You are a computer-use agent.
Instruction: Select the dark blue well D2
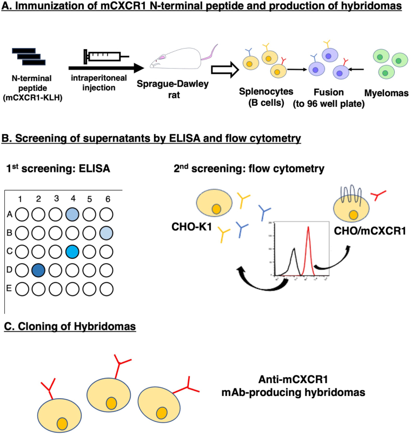coord(38,270)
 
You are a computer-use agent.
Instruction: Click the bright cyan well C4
coord(72,252)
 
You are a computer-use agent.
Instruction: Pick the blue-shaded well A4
coord(72,214)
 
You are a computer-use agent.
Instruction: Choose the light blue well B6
coord(107,233)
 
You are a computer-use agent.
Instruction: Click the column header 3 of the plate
coord(56,198)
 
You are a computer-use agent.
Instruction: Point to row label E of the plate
coord(9,289)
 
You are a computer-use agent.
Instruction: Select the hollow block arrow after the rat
coord(225,70)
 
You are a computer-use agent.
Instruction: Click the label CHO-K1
coord(192,227)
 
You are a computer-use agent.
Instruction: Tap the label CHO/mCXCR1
coord(370,231)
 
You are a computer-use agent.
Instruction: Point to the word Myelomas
coord(387,93)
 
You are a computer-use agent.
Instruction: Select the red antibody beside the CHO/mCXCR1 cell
coord(378,195)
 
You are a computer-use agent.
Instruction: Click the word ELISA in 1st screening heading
coord(95,169)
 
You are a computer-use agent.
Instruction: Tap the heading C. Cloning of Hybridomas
coord(70,326)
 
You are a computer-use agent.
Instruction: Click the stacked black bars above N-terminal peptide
coord(29,56)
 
